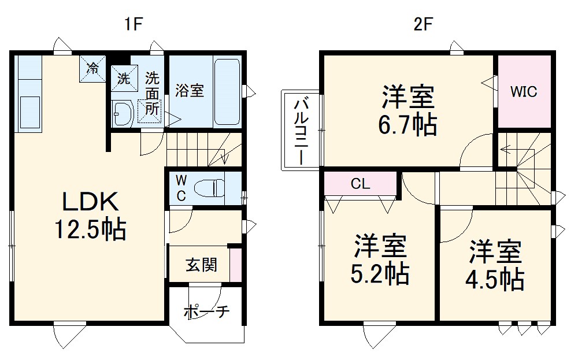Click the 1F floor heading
[x=132, y=24]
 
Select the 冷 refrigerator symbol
[x=92, y=68]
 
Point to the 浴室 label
[x=190, y=91]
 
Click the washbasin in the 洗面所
[x=122, y=113]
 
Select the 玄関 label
[x=201, y=265]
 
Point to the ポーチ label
[x=206, y=312]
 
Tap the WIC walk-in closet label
[x=524, y=91]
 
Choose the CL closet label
[x=360, y=184]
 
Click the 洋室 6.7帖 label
[x=408, y=110]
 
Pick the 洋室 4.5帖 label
[x=495, y=265]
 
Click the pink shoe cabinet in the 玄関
[x=235, y=265]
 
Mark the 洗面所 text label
[x=152, y=92]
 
